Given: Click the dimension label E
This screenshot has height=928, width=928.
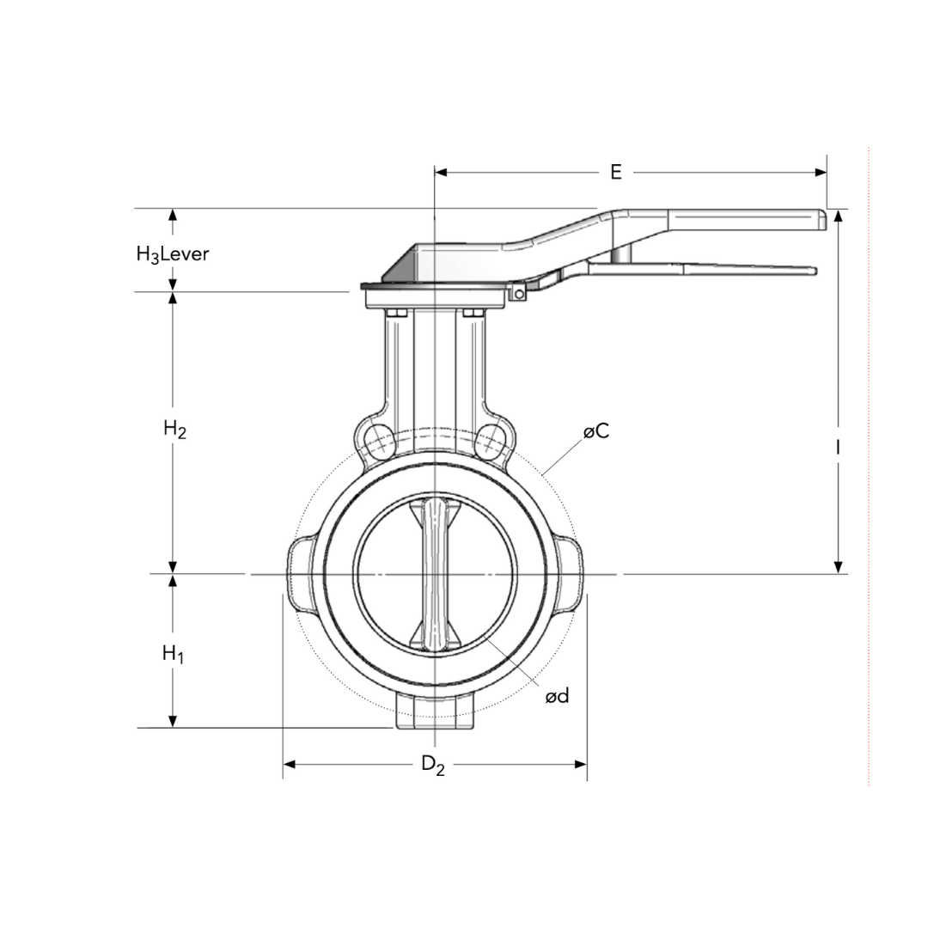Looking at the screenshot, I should click(x=615, y=172).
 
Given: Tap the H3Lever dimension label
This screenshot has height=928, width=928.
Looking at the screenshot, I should click(x=173, y=254).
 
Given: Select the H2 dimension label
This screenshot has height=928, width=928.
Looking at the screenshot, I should click(x=174, y=429).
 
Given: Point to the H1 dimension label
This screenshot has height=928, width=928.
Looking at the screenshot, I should click(x=174, y=655).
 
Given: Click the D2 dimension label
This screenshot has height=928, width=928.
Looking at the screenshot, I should click(x=433, y=764).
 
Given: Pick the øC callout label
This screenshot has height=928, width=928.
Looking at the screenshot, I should click(x=596, y=431).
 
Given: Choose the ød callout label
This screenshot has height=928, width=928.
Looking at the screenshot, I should click(x=557, y=696).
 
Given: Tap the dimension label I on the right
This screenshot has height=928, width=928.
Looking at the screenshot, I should click(x=837, y=447).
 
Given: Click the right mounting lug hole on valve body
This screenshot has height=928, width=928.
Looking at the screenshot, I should click(x=491, y=439).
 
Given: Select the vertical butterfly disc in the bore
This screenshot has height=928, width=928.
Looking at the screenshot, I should click(x=435, y=573).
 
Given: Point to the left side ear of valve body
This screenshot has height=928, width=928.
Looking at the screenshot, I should click(x=301, y=574).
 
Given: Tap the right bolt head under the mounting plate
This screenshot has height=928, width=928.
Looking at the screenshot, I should click(x=473, y=313).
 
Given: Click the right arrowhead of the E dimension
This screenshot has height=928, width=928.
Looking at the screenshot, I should click(x=821, y=173).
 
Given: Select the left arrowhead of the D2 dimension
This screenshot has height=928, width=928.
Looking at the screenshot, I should click(x=290, y=764).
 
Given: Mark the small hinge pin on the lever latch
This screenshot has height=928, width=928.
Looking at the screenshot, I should click(x=519, y=294).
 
